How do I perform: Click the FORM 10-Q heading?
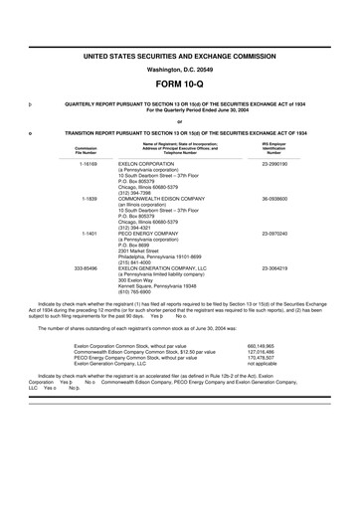click(x=179, y=85)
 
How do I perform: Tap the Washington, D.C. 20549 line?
click(x=179, y=70)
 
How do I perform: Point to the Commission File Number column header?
click(x=86, y=150)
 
